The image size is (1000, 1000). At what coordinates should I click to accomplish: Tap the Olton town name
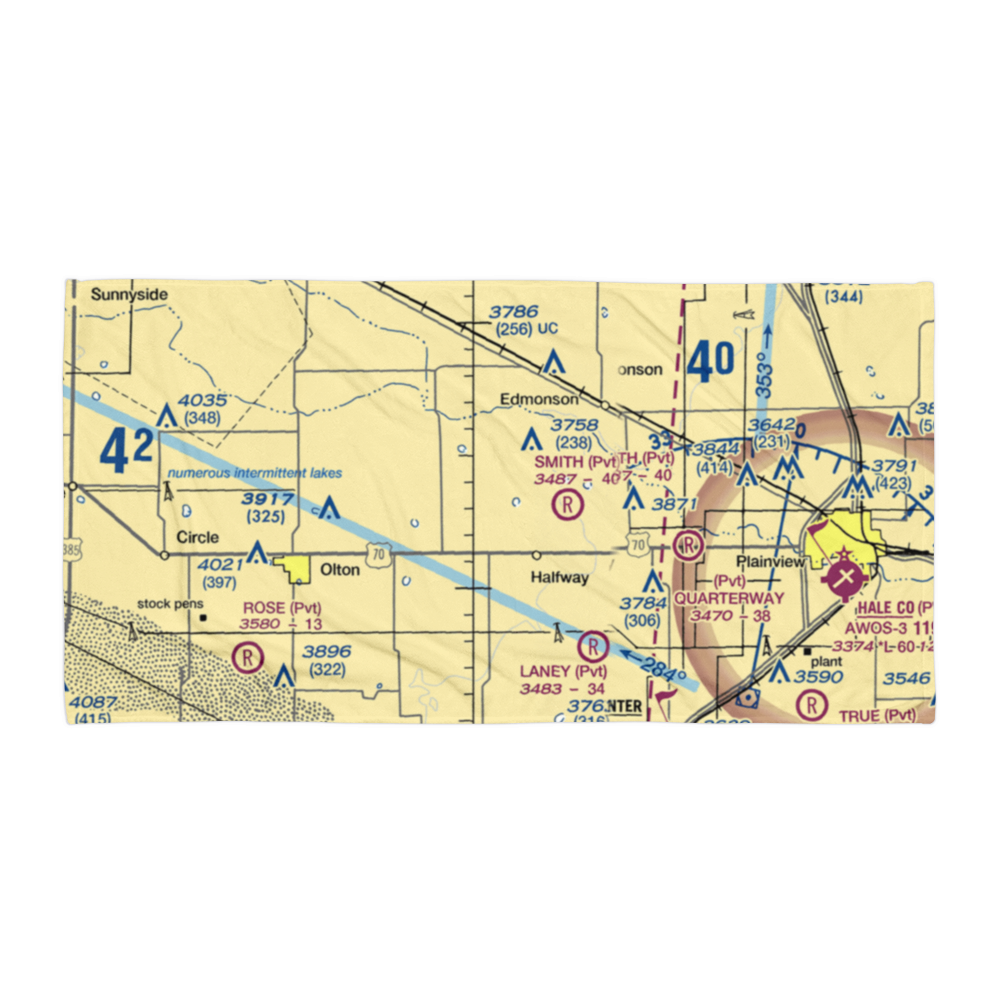pos(339,570)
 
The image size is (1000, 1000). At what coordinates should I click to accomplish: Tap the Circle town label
pos(197,537)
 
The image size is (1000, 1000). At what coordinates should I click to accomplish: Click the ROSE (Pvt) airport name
pos(281,607)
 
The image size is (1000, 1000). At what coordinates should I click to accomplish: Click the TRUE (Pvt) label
pos(878,715)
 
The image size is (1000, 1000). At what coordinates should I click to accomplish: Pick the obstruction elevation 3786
pos(514,312)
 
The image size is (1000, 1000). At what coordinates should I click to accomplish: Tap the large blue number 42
pos(127,451)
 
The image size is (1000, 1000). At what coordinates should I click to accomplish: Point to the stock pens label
pos(170,604)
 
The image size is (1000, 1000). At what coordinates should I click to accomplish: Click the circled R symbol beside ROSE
pos(246,657)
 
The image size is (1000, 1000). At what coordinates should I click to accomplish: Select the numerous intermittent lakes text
pos(254,473)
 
